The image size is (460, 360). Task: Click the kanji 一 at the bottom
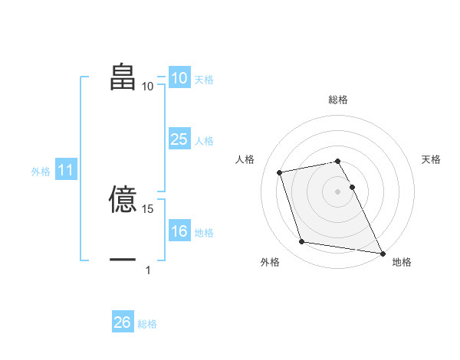tap(123, 260)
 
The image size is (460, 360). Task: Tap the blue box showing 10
tap(179, 78)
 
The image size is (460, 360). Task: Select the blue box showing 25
tap(179, 139)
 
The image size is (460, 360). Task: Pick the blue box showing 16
tap(179, 231)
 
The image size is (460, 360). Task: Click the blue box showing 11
tap(65, 171)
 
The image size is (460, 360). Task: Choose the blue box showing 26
tap(122, 322)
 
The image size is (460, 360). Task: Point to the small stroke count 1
tap(148, 270)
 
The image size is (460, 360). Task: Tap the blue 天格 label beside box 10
tap(204, 79)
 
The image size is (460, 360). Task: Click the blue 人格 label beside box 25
tap(204, 141)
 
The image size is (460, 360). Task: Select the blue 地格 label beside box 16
tap(204, 233)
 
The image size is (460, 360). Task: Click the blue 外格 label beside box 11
tap(41, 172)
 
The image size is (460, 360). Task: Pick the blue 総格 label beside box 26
tap(147, 324)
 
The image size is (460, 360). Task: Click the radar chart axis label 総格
tap(338, 100)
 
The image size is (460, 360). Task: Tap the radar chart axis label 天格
tap(432, 159)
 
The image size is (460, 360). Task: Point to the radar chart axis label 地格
tap(402, 262)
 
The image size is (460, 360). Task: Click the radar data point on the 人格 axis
tap(280, 172)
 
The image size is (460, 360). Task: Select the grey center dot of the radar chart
tap(338, 191)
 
